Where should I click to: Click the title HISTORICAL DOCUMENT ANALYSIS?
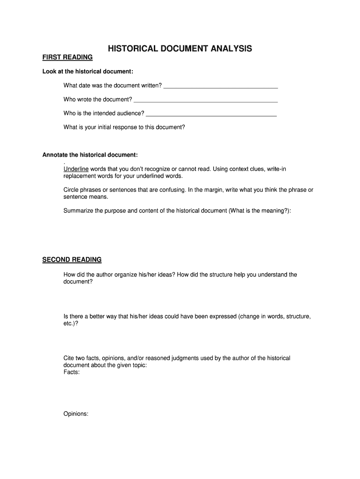180,49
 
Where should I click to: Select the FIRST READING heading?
67,58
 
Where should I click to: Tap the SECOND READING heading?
72,260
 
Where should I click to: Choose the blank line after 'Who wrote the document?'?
206,100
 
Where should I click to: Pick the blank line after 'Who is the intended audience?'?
211,114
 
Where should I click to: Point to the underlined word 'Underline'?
76,169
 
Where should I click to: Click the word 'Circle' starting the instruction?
72,190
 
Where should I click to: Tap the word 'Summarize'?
78,211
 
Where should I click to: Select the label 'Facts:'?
72,372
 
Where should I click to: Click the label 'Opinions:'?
76,414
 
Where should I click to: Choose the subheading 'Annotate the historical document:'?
90,155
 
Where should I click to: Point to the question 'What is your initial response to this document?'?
124,127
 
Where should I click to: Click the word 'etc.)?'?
71,323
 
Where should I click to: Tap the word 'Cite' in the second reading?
69,358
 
